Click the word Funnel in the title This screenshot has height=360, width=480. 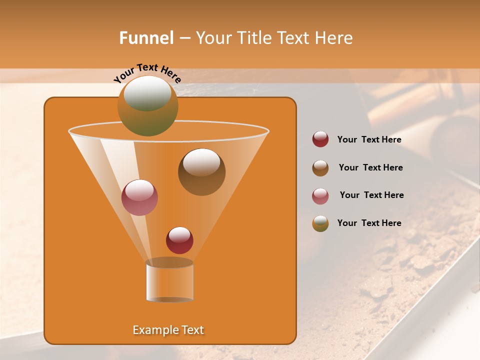(x=146, y=38)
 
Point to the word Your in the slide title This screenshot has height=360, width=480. (x=213, y=38)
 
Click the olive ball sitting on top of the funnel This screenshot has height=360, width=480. (x=148, y=105)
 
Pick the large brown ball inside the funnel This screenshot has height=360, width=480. (x=201, y=172)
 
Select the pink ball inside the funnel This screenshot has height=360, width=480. (x=139, y=197)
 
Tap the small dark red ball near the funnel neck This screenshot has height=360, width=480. (x=179, y=240)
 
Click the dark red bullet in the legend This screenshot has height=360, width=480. (x=320, y=139)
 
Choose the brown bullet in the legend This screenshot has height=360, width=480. (x=320, y=168)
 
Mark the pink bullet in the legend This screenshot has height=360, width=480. (x=320, y=196)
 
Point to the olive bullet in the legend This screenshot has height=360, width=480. (x=320, y=223)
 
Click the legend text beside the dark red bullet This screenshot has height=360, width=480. (x=369, y=139)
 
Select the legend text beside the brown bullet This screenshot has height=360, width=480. (x=370, y=167)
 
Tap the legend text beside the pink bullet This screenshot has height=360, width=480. (x=371, y=195)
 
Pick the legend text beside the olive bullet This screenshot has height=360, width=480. (x=369, y=223)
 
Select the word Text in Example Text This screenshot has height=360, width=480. (x=192, y=330)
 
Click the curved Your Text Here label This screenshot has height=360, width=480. (x=147, y=72)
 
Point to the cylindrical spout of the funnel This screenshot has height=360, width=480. (x=169, y=281)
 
